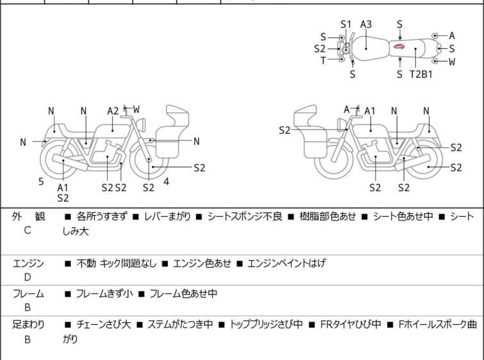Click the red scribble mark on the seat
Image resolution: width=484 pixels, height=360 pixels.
click(x=399, y=47)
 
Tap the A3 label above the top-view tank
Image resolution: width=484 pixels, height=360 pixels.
click(x=366, y=24)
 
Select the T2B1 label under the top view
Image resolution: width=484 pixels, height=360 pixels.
click(x=421, y=74)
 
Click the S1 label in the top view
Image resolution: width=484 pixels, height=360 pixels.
click(x=346, y=24)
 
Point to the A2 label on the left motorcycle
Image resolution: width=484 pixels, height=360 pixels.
click(x=113, y=111)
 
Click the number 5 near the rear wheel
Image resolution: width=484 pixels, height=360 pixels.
click(x=41, y=182)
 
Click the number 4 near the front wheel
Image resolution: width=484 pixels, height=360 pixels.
click(x=167, y=182)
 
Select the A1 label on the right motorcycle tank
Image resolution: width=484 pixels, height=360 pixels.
click(x=370, y=111)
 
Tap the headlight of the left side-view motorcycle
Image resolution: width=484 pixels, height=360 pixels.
click(x=141, y=124)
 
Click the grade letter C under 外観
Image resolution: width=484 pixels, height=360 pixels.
click(x=28, y=230)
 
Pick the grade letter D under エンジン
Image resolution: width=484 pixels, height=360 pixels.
click(x=28, y=277)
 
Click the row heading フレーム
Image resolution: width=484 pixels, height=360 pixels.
click(x=28, y=293)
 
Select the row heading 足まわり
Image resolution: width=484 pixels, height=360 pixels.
click(x=28, y=325)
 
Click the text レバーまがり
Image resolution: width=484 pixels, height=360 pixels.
click(x=167, y=216)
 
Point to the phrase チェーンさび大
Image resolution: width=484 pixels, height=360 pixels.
click(x=103, y=325)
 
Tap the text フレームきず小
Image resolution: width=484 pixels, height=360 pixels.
click(x=104, y=293)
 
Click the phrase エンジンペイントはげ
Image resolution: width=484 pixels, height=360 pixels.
click(x=287, y=263)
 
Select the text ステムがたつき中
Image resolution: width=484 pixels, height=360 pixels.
click(x=180, y=325)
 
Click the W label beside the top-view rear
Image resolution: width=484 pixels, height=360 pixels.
click(x=452, y=62)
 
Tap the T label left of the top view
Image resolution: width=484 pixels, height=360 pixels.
click(x=323, y=60)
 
